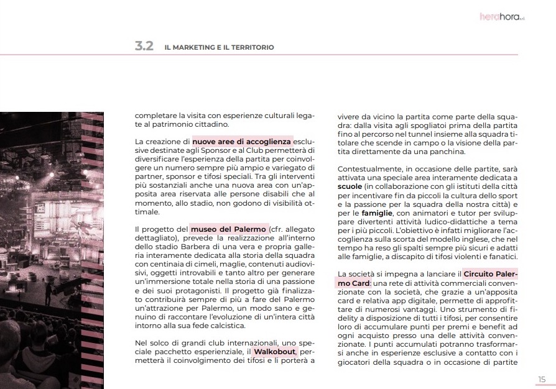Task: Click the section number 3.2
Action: point(144,47)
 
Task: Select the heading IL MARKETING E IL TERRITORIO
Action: point(219,47)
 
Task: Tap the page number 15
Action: point(542,379)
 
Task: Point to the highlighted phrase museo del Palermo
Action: point(228,229)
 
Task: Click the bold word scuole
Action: point(350,185)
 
